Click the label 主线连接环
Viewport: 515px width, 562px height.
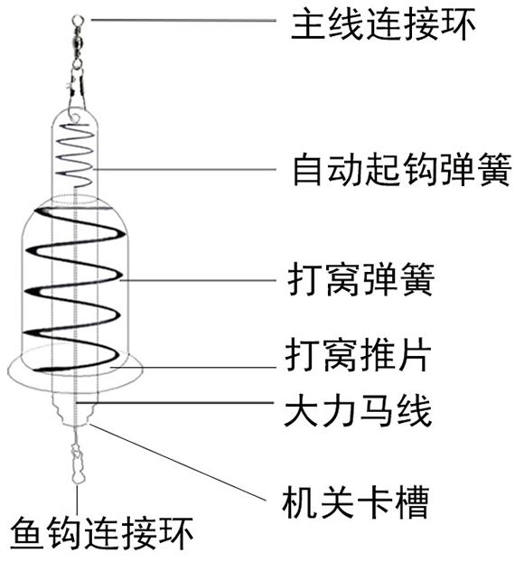pyautogui.click(x=383, y=24)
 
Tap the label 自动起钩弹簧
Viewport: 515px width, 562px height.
pyautogui.click(x=402, y=170)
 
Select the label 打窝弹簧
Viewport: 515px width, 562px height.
pyautogui.click(x=360, y=279)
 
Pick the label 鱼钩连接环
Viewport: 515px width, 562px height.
pyautogui.click(x=102, y=534)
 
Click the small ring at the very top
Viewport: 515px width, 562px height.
pyautogui.click(x=77, y=19)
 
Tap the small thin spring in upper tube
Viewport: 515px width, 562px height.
pyautogui.click(x=75, y=155)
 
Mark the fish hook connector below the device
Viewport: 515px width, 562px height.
pyautogui.click(x=77, y=463)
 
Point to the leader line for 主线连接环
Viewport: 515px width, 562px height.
pyautogui.click(x=183, y=20)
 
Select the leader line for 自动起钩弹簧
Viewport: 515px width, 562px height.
pyautogui.click(x=184, y=169)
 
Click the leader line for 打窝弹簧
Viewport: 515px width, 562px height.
pyautogui.click(x=198, y=280)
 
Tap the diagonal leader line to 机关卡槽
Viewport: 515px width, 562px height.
pyautogui.click(x=178, y=463)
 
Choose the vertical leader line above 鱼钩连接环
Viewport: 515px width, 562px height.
pyautogui.click(x=77, y=501)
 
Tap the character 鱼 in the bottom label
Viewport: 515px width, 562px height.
pyautogui.click(x=27, y=534)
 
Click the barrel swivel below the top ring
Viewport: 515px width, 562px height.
pyautogui.click(x=77, y=43)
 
